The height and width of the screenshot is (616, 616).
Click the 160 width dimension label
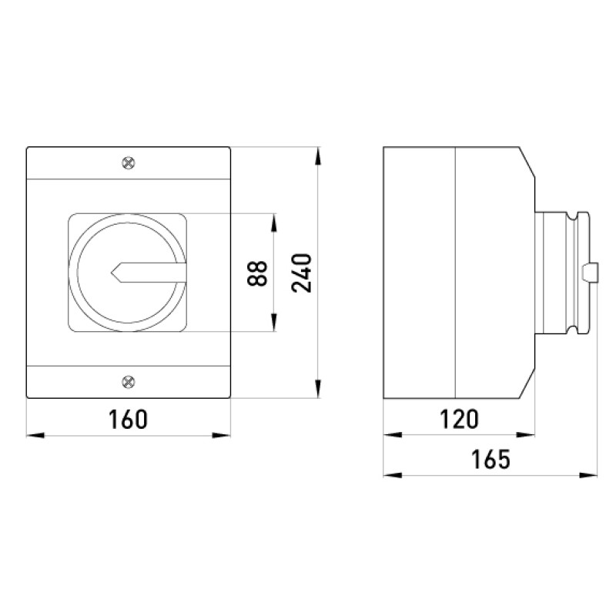128,419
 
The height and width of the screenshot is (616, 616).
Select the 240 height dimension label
302,273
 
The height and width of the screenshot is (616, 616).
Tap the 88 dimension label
257,273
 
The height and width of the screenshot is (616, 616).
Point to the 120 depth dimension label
459,419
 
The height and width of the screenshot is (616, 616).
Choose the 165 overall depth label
490,459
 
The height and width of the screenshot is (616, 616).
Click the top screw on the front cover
129,162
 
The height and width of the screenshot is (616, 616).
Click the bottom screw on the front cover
129,381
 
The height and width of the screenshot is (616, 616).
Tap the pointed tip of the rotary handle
112,273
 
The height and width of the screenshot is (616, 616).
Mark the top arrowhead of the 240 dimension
318,156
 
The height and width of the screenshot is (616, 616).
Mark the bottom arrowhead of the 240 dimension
318,389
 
